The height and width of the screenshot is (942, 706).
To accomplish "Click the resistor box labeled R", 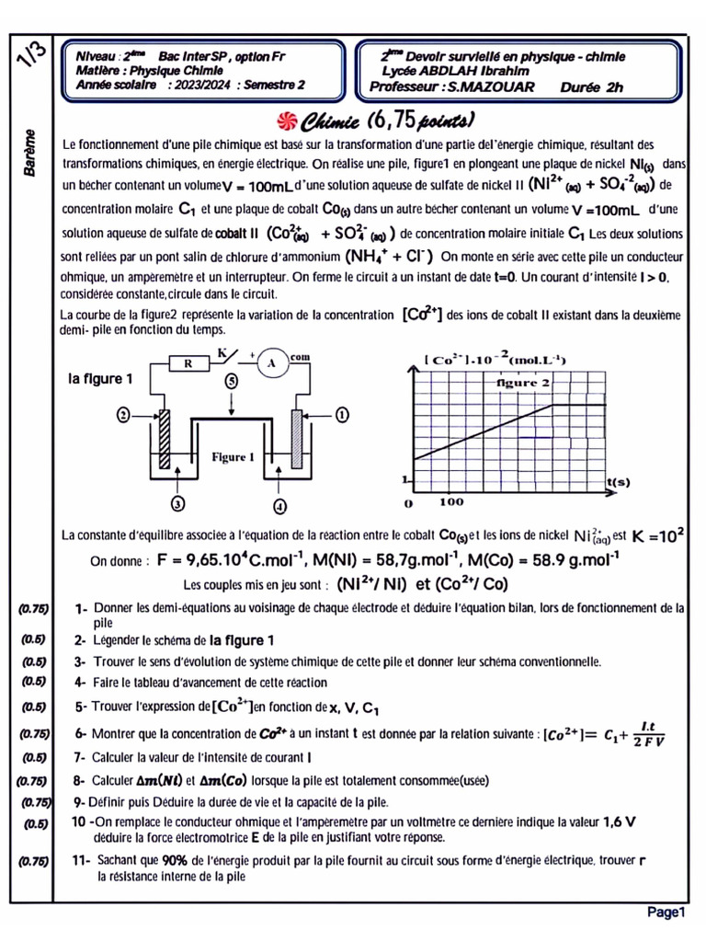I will click(x=188, y=363).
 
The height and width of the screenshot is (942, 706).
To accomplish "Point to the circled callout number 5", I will click(x=231, y=380).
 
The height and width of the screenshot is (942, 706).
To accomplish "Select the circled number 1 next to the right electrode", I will click(x=341, y=415).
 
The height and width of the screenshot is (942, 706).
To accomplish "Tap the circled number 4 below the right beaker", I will click(x=280, y=504).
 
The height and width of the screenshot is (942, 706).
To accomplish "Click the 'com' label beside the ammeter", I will click(x=300, y=355).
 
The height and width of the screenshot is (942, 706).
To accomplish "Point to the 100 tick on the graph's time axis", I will click(x=451, y=502).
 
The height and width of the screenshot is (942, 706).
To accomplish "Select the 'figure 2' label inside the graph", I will click(x=522, y=381).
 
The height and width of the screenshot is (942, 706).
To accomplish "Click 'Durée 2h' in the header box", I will click(x=591, y=87).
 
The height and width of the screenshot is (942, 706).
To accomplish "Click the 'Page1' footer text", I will click(x=666, y=912).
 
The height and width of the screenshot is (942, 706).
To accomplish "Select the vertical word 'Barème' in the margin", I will click(x=31, y=154).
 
